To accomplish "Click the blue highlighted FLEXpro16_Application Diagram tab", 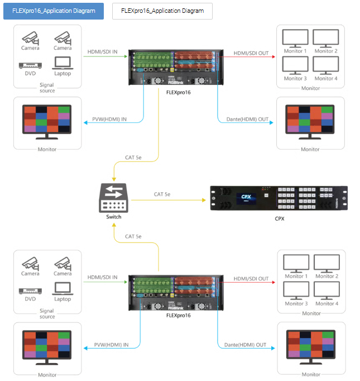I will [x=54, y=11].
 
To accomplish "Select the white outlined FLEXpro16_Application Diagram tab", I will [x=162, y=11].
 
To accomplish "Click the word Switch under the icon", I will [x=113, y=216].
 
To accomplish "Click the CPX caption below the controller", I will [x=279, y=218].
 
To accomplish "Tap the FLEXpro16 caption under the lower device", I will [x=179, y=316].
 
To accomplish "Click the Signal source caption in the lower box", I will [x=47, y=313].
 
